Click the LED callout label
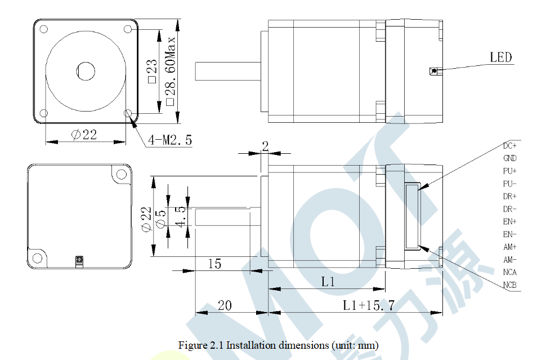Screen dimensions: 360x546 click(500, 57)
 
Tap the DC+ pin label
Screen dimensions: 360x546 click(510, 146)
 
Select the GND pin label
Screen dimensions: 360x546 click(510, 158)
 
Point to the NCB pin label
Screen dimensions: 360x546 click(510, 285)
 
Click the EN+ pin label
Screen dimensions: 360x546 click(510, 221)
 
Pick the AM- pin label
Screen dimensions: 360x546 click(510, 259)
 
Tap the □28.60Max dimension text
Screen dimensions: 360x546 click(170, 70)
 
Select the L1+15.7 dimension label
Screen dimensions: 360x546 click(369, 305)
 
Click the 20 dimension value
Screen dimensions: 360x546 click(225, 305)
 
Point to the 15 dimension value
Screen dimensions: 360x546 click(214, 263)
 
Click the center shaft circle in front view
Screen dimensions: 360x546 click(86, 71)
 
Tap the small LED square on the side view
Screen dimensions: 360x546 click(433, 71)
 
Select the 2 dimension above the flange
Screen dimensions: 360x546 click(265, 146)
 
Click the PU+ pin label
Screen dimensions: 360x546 click(510, 171)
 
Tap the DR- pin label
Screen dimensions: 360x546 click(510, 209)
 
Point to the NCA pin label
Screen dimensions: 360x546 click(510, 272)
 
